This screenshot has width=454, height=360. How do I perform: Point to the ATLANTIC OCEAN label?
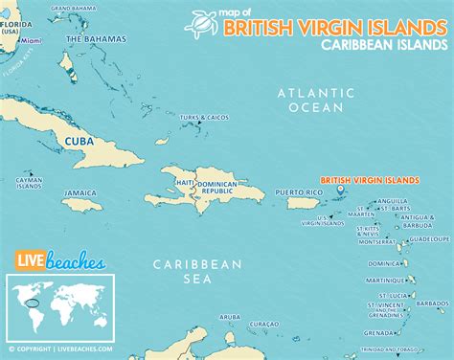point(309,101)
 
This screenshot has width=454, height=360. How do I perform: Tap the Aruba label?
point(229,316)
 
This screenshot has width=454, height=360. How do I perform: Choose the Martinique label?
point(381,280)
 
